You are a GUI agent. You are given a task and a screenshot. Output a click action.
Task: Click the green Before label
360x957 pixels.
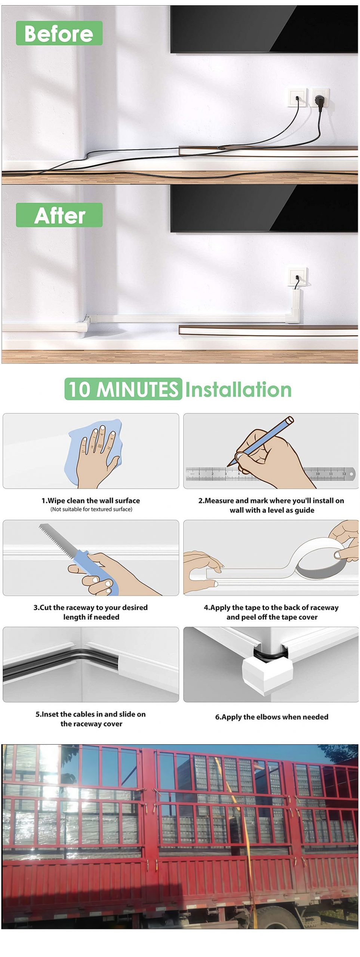59,33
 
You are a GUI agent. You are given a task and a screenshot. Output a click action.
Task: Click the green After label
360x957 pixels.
59,215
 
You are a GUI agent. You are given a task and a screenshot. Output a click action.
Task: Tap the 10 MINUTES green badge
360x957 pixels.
123,389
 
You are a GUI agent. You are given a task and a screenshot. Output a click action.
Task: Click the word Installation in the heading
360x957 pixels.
238,390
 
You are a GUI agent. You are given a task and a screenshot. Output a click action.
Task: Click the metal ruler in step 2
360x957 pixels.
271,474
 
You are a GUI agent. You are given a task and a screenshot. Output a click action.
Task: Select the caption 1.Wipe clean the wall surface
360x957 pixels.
90,501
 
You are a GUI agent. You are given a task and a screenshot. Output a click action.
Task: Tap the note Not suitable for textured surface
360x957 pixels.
91,509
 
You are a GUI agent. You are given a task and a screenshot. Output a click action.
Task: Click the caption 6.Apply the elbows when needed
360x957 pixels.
271,717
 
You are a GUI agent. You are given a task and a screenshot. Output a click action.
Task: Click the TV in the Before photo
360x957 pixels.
264,29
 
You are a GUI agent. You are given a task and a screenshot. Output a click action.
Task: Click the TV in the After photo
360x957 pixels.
264,209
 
